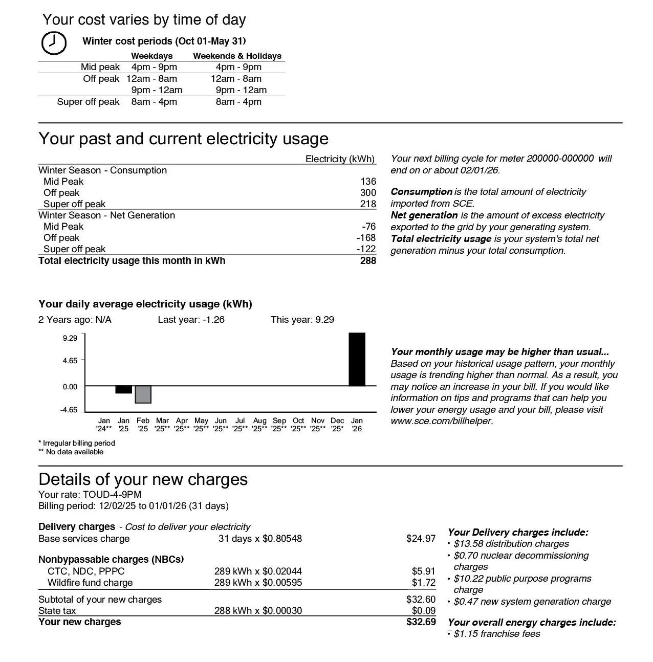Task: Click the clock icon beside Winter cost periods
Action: [53, 43]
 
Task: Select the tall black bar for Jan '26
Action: [357, 359]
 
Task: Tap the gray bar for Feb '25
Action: [143, 394]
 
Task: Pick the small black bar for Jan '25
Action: [123, 389]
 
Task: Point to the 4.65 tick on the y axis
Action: [70, 361]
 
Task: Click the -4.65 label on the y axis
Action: [69, 410]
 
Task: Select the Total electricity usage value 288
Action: [367, 261]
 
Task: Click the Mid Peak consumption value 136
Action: [368, 182]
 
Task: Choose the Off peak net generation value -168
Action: [366, 238]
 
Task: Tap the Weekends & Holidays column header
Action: [237, 56]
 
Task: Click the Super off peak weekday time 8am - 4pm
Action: [154, 102]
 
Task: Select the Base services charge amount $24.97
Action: [421, 539]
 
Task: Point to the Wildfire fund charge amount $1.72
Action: [423, 583]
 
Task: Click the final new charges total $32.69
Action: [421, 622]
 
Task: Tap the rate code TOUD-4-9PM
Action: [112, 495]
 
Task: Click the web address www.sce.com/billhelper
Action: [442, 422]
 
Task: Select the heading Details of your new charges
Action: [143, 479]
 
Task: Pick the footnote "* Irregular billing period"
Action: [77, 443]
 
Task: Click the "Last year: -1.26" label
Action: [191, 320]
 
